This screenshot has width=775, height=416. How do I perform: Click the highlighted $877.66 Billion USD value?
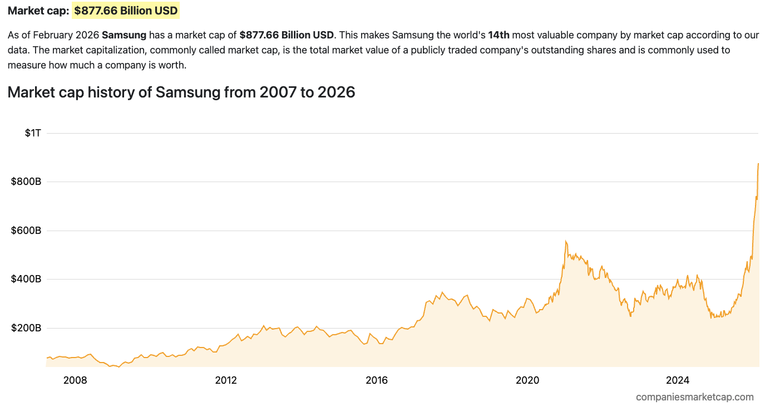pyautogui.click(x=126, y=11)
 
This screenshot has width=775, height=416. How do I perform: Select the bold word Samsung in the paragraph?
pyautogui.click(x=124, y=35)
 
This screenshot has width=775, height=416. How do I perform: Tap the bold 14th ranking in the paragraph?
pyautogui.click(x=498, y=35)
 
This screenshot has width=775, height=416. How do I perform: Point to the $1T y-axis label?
pyautogui.click(x=33, y=133)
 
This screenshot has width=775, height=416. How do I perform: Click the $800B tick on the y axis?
pyautogui.click(x=26, y=182)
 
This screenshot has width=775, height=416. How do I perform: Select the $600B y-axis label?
pyautogui.click(x=26, y=231)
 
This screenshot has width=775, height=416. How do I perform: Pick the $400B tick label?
pyautogui.click(x=26, y=279)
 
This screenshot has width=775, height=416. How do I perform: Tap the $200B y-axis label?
pyautogui.click(x=26, y=328)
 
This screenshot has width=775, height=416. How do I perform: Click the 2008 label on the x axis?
pyautogui.click(x=75, y=380)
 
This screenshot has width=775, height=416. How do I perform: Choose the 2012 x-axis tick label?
pyautogui.click(x=226, y=380)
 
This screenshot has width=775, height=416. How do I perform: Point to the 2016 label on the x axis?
pyautogui.click(x=377, y=380)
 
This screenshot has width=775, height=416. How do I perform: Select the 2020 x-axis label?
pyautogui.click(x=527, y=380)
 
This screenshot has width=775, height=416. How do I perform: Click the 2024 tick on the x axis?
pyautogui.click(x=678, y=380)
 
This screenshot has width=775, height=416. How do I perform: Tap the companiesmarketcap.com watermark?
pyautogui.click(x=695, y=397)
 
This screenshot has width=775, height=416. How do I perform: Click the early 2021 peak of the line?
pyautogui.click(x=566, y=241)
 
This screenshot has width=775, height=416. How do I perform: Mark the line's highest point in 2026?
pyautogui.click(x=758, y=164)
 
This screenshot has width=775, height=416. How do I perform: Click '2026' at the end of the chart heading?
pyautogui.click(x=336, y=92)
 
